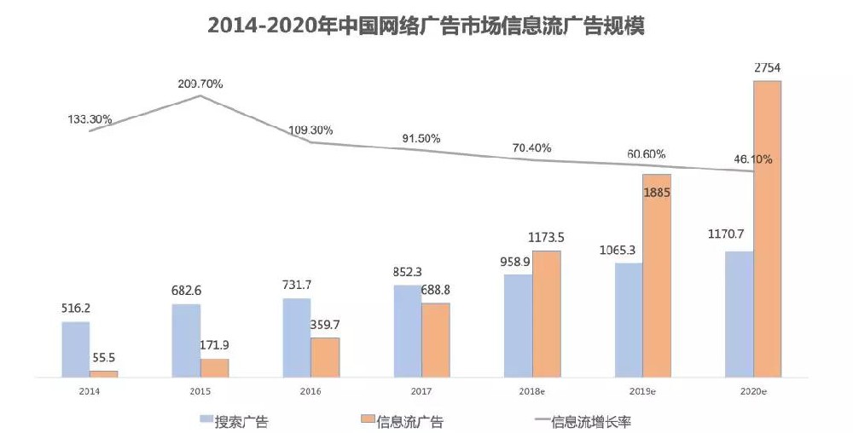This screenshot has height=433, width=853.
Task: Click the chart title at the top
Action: [426, 26]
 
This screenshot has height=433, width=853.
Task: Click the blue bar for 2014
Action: [76, 349]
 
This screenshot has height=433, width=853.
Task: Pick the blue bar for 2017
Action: [408, 331]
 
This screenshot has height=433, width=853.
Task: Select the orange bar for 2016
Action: [325, 357]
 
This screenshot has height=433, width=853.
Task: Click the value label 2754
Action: [767, 68]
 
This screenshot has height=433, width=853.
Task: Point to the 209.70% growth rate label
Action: [200, 84]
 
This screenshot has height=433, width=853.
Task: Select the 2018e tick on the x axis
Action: [533, 390]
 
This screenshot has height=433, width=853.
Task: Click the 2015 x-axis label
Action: [200, 390]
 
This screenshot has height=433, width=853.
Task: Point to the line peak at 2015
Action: [200, 96]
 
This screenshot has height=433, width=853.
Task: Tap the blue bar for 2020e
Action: [739, 314]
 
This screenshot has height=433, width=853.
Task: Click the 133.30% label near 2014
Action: [90, 119]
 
